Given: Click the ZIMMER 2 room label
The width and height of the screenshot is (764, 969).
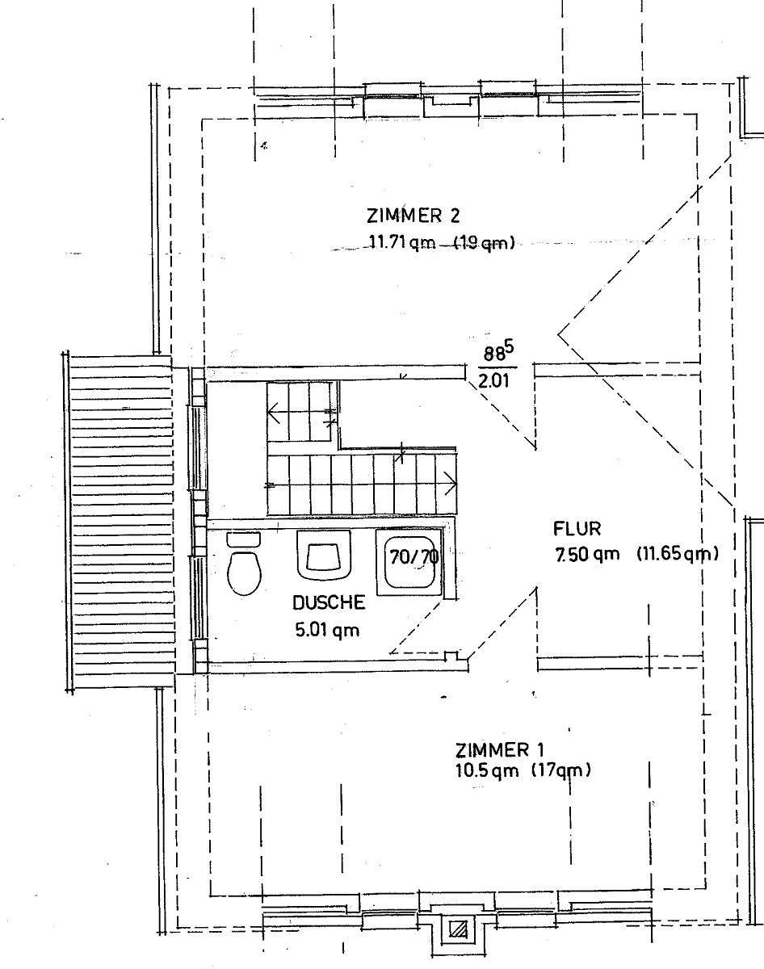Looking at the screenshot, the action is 413,216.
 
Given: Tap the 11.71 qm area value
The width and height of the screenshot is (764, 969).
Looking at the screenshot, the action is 402,243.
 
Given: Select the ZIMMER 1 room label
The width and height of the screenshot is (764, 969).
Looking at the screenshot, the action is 500,750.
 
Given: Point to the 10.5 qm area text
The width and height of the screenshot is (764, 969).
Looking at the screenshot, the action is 486,771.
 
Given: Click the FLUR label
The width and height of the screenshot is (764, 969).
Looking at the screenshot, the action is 577,529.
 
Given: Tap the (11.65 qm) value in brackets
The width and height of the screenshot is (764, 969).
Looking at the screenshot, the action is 678,554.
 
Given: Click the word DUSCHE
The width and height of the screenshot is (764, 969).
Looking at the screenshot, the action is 329,603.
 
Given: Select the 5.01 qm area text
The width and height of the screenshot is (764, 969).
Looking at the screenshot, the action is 328,630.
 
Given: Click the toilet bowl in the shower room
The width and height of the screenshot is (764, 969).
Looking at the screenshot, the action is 244,573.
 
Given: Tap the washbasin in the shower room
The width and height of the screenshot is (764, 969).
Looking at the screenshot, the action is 323,555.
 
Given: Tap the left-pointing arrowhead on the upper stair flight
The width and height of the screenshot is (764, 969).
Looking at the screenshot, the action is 274,413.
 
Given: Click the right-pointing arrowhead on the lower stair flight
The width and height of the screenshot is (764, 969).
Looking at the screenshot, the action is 451,484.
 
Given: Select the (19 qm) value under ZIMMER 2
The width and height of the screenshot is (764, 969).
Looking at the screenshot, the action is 484,243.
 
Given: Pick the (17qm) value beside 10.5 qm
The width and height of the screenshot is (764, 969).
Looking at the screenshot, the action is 560,771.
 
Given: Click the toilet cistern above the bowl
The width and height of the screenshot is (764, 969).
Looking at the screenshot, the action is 244,539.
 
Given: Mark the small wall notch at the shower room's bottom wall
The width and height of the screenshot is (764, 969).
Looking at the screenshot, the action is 451,656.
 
